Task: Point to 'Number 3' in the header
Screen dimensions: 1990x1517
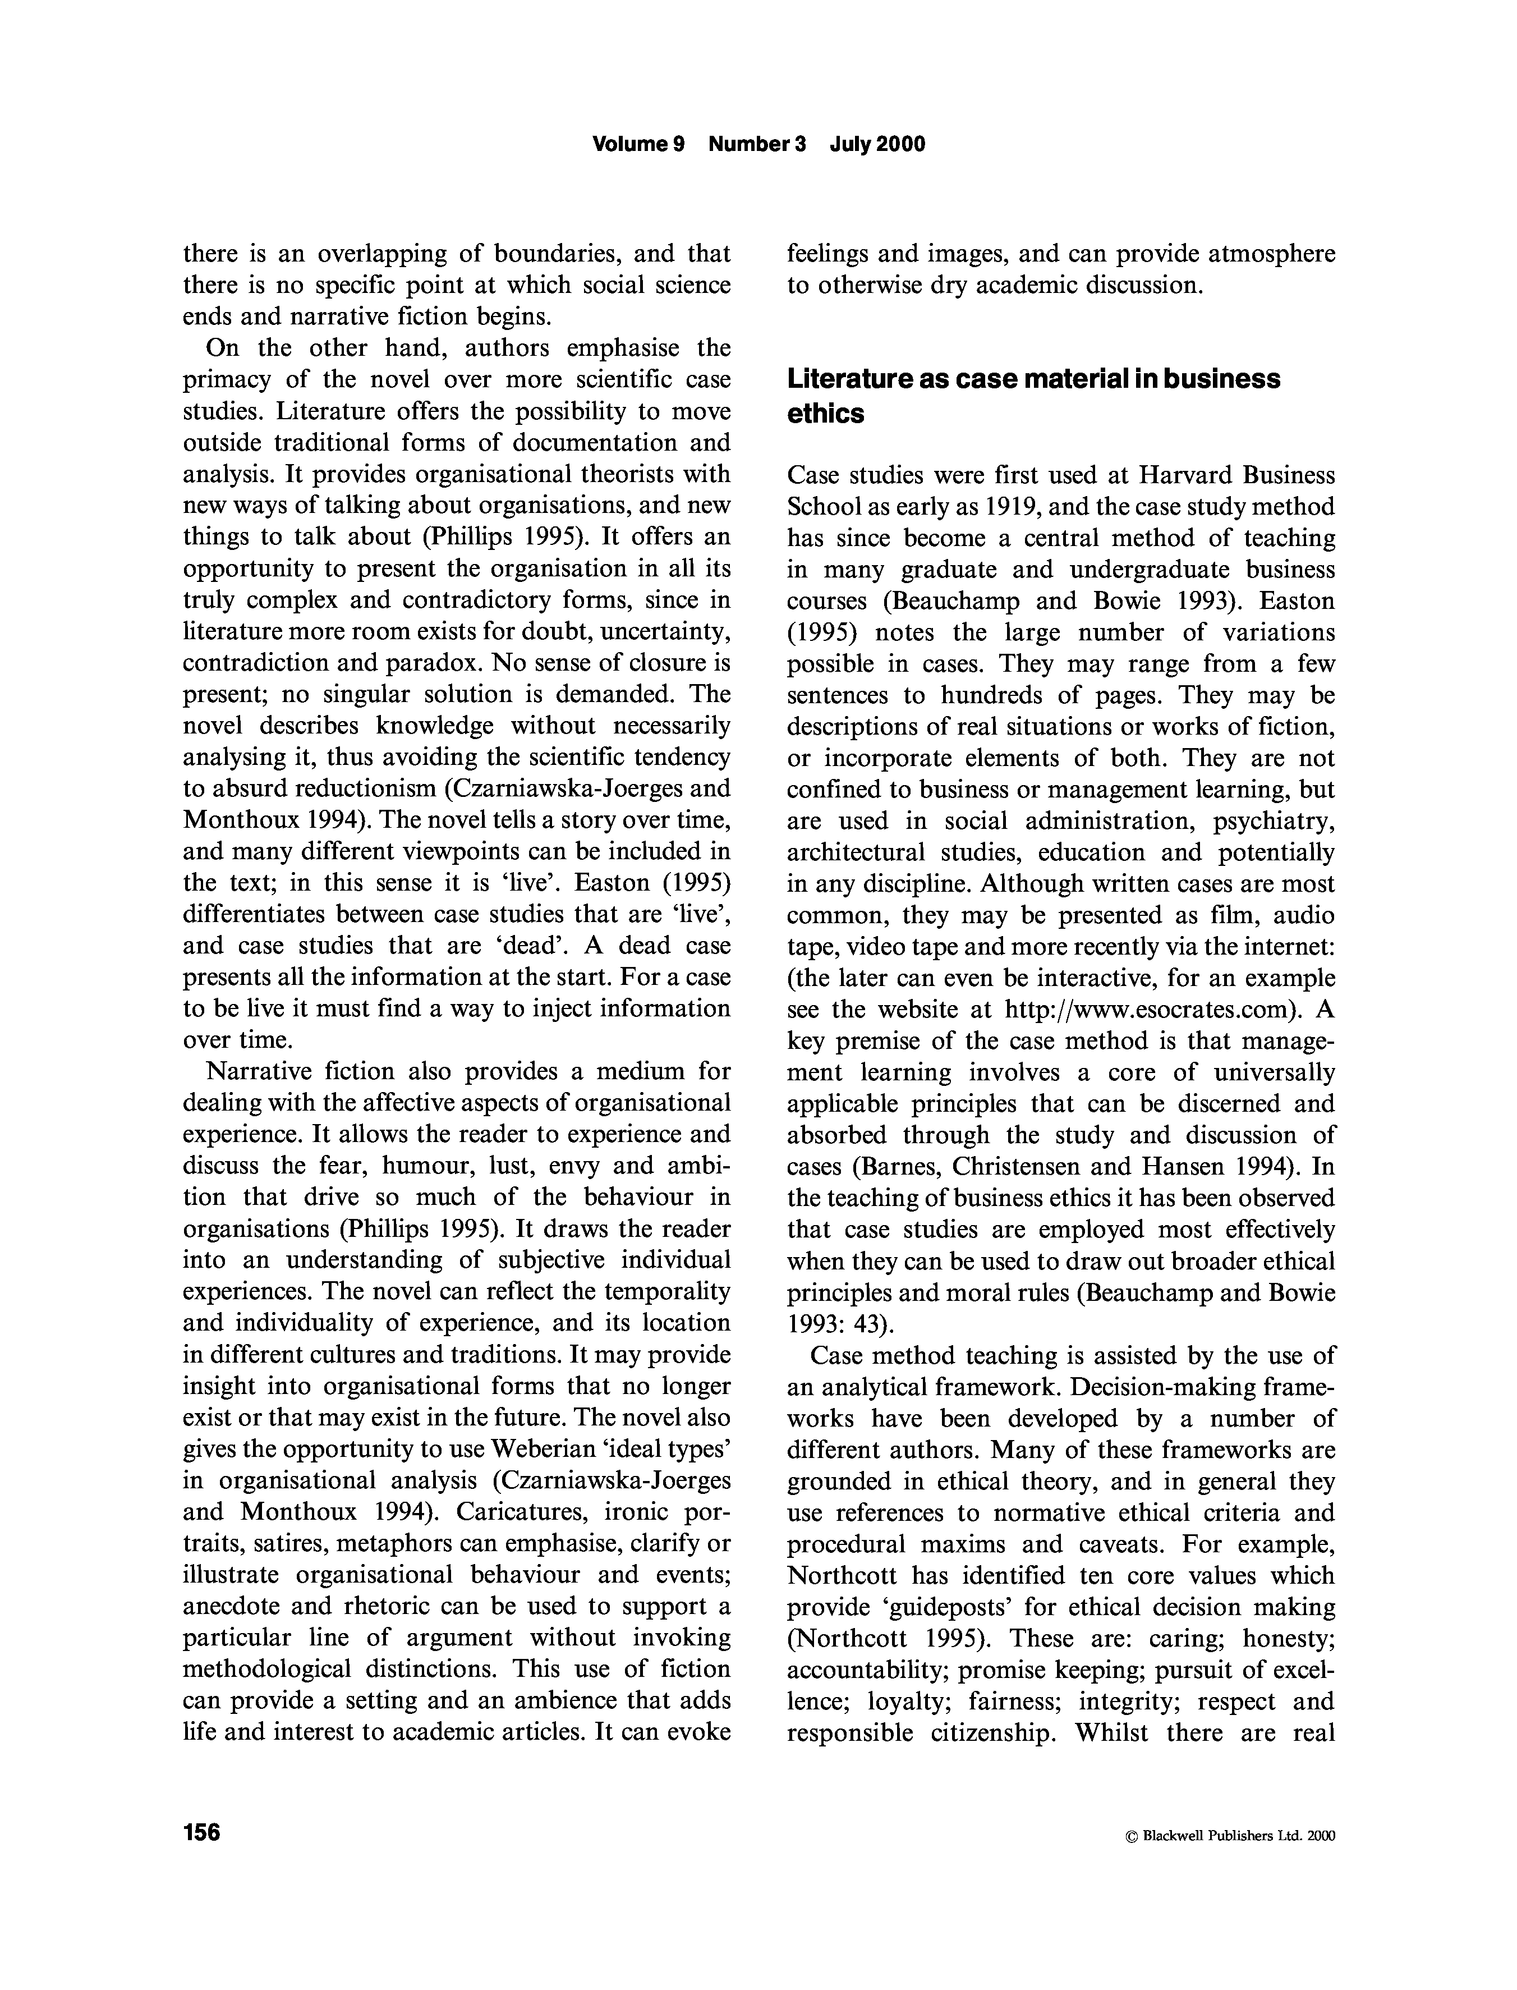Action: point(757,145)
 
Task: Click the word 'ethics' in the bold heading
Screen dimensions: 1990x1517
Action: point(825,414)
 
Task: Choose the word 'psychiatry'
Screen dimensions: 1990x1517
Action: point(1272,821)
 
